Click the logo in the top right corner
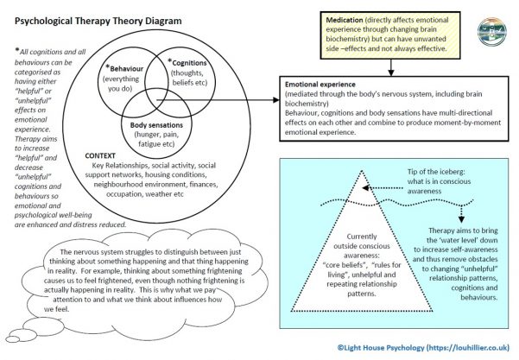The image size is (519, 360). point(495,27)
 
